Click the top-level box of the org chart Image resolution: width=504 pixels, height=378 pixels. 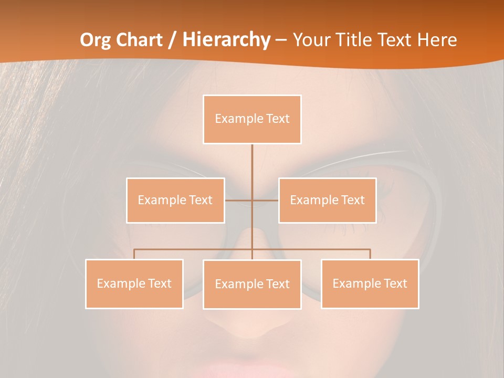252,119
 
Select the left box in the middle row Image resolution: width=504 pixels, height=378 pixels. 175,200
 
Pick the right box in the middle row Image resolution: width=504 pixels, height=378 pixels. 327,200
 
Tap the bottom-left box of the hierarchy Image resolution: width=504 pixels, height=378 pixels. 134,283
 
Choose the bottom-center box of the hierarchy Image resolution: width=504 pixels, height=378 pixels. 252,284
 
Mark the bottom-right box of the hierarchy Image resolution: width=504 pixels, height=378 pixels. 370,283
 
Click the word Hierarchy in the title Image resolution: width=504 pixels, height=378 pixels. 226,40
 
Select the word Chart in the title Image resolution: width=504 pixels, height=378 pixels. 139,40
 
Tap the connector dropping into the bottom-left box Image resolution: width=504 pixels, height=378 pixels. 134,254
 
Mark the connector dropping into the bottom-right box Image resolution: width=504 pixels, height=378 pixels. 370,254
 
